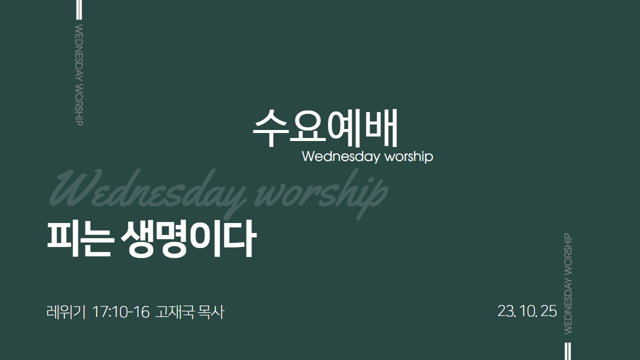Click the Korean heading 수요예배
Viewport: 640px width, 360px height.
(x=325, y=127)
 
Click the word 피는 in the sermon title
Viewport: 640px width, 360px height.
(x=79, y=239)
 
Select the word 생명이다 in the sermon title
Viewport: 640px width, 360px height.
(x=188, y=239)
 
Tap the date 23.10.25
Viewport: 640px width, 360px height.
(x=527, y=311)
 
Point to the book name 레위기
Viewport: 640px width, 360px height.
(x=66, y=311)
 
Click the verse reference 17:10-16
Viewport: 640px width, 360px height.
(x=121, y=311)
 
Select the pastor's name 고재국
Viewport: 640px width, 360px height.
(x=175, y=311)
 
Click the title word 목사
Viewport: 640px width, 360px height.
(x=211, y=311)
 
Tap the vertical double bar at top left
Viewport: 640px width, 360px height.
(x=79, y=9)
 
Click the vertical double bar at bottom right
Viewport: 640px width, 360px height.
(x=568, y=351)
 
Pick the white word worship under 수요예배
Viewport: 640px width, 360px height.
(x=409, y=156)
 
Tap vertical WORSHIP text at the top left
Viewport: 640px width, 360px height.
(x=79, y=105)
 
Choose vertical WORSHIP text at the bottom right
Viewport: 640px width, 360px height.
(x=568, y=254)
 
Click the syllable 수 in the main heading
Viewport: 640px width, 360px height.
(x=270, y=128)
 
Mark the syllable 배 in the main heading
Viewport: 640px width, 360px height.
(x=381, y=127)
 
